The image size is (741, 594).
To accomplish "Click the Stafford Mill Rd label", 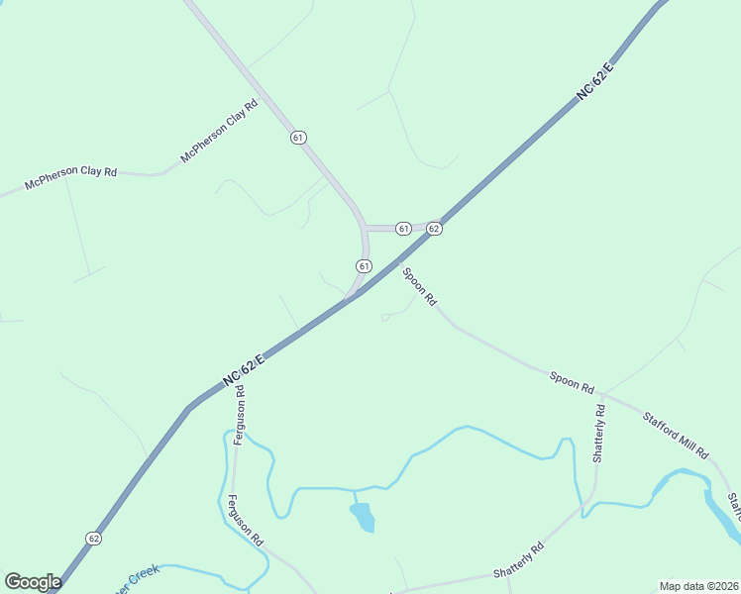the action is [x=676, y=436].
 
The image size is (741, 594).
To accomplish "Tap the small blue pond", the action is [x=363, y=517].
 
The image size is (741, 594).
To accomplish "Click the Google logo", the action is [x=33, y=582].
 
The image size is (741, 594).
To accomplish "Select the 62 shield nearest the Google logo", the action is [x=93, y=538].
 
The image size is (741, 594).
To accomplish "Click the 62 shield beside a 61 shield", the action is [x=434, y=229].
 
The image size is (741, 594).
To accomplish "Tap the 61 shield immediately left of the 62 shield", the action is [x=403, y=229].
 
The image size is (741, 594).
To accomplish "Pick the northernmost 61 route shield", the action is [x=298, y=138].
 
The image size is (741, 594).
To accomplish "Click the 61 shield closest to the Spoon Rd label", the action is [x=364, y=265].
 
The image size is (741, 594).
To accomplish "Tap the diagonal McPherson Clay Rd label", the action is [x=219, y=132].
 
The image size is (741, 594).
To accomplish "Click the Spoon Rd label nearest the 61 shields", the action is [x=419, y=285].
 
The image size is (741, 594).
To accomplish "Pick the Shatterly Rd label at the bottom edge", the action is [x=519, y=563].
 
